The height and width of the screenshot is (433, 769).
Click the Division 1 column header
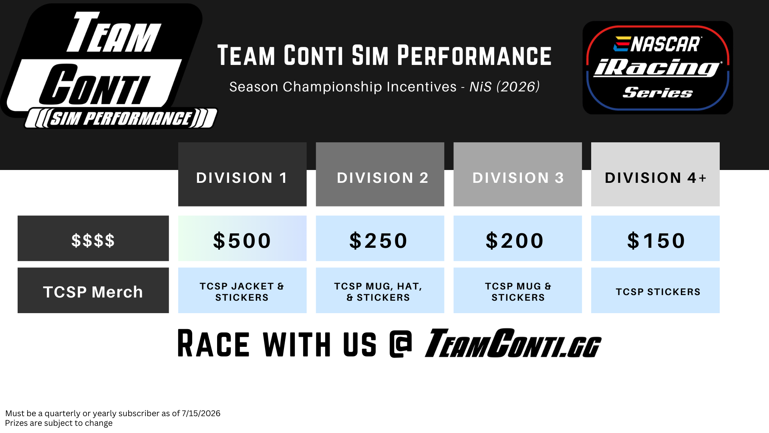coord(242,174)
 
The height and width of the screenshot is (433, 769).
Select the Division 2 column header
coord(380,174)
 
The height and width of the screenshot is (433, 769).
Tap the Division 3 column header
coord(517,174)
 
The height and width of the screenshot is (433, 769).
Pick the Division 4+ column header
coord(655,174)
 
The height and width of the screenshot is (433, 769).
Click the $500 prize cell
coord(242,239)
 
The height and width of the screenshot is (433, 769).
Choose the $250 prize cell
coord(380,239)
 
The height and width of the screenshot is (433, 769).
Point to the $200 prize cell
coord(517,239)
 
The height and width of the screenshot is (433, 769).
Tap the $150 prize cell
coord(655,239)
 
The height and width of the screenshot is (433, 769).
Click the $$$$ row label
coord(93,239)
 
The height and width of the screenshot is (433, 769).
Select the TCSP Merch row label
coord(93,290)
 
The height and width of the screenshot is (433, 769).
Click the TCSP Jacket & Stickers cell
coord(242,290)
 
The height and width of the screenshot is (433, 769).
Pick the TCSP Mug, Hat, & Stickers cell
coord(380,290)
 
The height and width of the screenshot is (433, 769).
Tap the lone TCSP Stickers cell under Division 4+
coord(655,290)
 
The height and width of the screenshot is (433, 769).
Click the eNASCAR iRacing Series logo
coord(658,68)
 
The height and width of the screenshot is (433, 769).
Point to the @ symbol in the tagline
coord(401,344)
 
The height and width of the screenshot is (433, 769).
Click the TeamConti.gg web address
coord(513,343)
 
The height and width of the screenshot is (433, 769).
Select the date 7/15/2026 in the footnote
coord(201,413)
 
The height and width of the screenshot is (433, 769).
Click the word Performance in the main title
coord(474,56)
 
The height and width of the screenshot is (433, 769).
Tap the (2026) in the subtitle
coord(518,87)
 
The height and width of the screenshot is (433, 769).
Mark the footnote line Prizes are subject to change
coord(59,423)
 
